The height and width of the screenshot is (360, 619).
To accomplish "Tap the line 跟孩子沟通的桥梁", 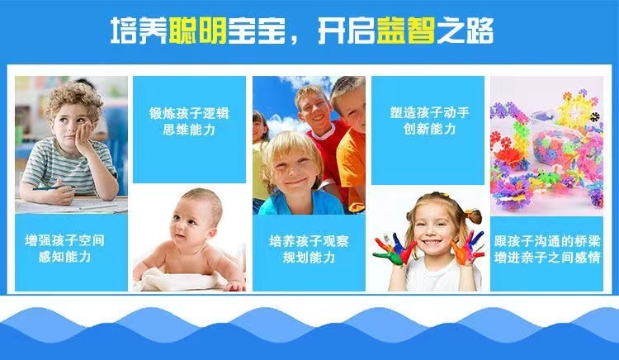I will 546,241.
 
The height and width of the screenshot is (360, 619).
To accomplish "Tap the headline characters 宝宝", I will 257,31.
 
